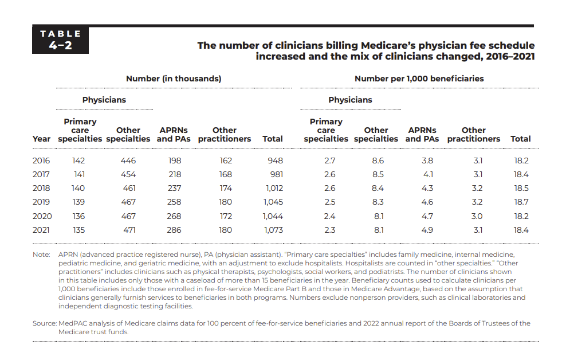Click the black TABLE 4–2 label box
pos(60,40)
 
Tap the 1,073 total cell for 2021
pos(273,230)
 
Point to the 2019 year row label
pos(41,202)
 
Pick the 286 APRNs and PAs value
pos(174,230)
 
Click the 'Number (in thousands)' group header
pos(174,79)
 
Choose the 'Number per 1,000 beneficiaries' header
pos(419,79)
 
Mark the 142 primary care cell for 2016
pos(78,161)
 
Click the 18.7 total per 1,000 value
pos(521,202)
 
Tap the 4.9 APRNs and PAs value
pos(427,230)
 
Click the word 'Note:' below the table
pos(41,255)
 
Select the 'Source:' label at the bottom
pos(45,323)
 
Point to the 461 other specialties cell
pos(129,188)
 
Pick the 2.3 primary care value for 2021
pos(329,230)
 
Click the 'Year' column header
pos(41,139)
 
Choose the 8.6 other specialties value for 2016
pos(378,161)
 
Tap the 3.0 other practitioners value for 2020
pos(477,216)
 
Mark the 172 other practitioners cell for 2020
pos(226,216)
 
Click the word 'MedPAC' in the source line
pos(72,323)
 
